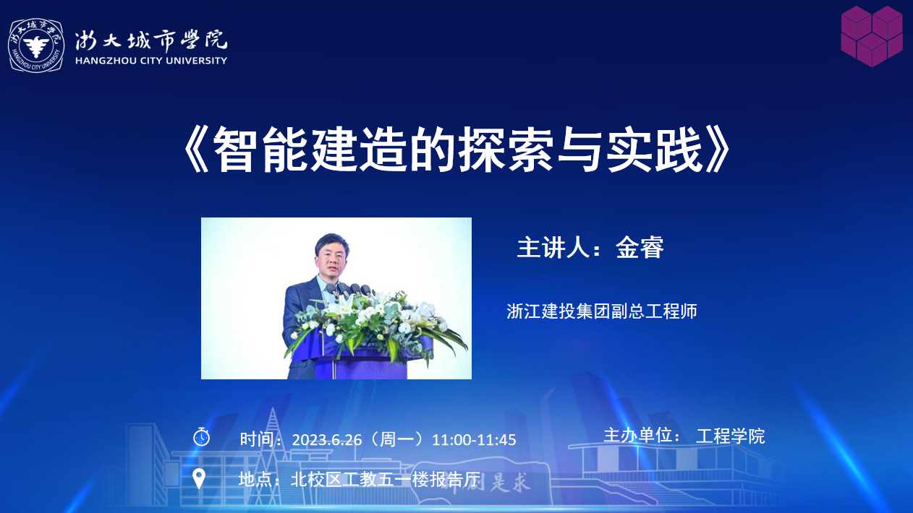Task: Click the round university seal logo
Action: coord(36,46)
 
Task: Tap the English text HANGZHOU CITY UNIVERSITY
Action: coord(151,61)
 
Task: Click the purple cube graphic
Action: coord(872,36)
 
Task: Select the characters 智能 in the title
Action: coord(260,149)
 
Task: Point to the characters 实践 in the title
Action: coord(654,149)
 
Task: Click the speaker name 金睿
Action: coord(640,247)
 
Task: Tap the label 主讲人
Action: coord(553,247)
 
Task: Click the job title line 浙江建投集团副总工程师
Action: coord(602,311)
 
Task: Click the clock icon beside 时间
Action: coord(201,437)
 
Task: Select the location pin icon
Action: coord(199,478)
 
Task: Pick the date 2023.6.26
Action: coord(327,440)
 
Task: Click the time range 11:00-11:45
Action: coord(474,440)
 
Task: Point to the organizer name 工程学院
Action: coord(731,436)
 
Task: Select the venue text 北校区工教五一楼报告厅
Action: coord(386,480)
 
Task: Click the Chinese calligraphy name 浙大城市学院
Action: coord(151,40)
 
